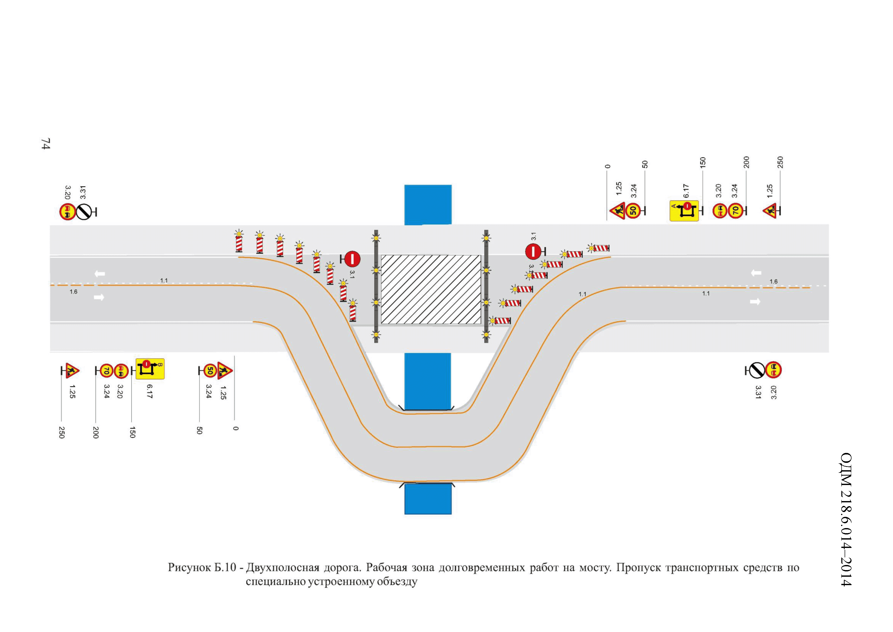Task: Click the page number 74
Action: coord(46,144)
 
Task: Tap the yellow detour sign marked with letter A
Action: coord(684,211)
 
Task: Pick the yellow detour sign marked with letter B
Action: coord(150,369)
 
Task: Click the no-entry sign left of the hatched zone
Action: coord(352,259)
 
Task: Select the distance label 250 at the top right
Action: coord(780,162)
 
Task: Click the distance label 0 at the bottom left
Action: coord(235,428)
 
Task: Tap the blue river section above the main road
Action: coord(428,205)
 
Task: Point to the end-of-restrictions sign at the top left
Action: coord(84,212)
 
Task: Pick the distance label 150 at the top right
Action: coord(702,162)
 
